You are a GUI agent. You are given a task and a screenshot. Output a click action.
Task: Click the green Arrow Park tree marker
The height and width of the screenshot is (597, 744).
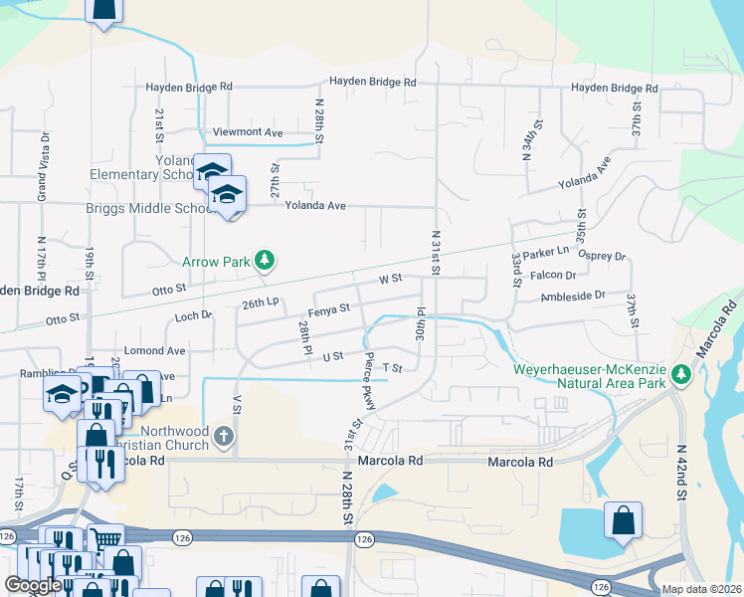pyautogui.click(x=264, y=261)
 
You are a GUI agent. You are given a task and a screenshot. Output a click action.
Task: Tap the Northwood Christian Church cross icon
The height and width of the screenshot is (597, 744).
pyautogui.click(x=225, y=435)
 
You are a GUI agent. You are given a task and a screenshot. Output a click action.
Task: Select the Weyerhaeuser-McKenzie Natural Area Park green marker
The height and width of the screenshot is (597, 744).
pyautogui.click(x=681, y=374)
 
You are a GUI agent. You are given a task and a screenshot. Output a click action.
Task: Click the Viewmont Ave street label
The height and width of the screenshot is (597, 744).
pyautogui.click(x=248, y=132)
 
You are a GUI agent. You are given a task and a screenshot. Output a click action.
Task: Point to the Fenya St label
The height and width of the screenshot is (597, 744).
pyautogui.click(x=328, y=309)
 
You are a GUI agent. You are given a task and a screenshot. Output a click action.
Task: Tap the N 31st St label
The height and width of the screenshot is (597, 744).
pyautogui.click(x=436, y=251)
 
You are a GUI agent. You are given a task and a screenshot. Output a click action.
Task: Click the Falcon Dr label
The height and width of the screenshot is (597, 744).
pyautogui.click(x=556, y=276)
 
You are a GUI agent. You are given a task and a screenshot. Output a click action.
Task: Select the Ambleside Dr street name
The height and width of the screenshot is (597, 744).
pyautogui.click(x=572, y=296)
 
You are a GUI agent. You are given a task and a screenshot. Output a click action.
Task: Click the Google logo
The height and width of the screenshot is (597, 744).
pyautogui.click(x=33, y=585)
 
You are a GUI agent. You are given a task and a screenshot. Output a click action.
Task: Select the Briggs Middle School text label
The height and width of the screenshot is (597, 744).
pyautogui.click(x=169, y=208)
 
